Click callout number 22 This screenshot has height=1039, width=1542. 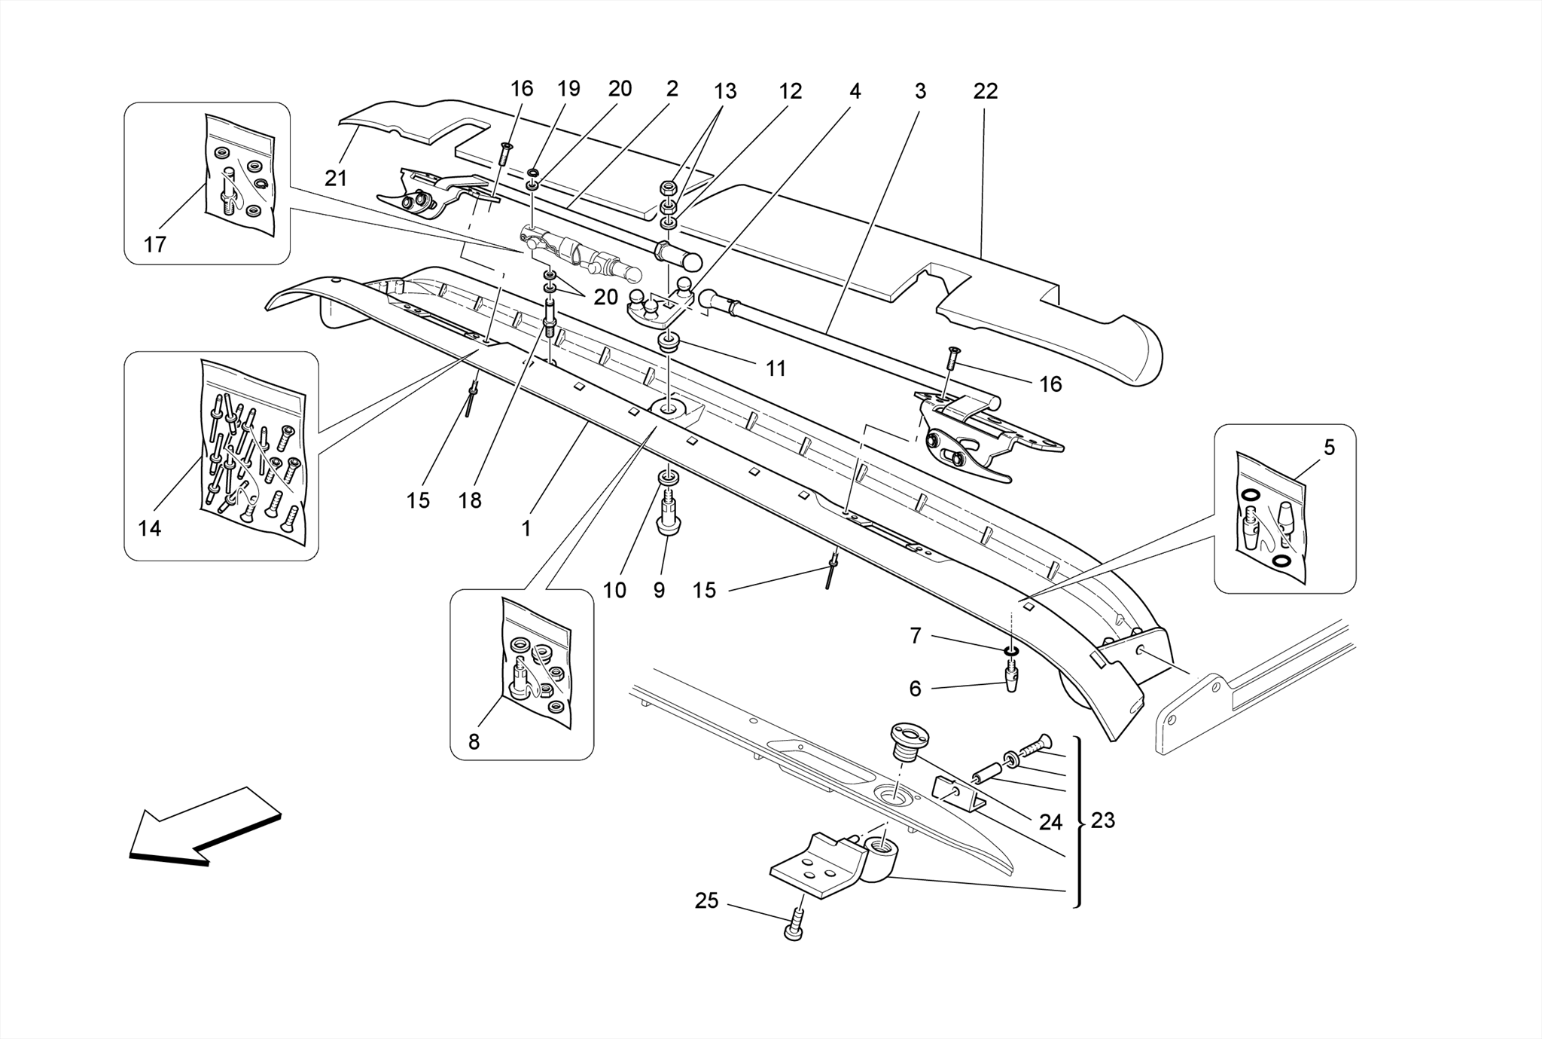click(x=985, y=92)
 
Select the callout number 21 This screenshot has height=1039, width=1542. click(x=336, y=179)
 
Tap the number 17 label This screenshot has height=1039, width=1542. click(x=154, y=245)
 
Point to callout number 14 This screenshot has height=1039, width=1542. click(x=150, y=529)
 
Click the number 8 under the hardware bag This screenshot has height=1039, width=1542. click(x=474, y=742)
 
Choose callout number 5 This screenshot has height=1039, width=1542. click(x=1329, y=448)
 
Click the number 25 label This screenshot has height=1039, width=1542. click(x=706, y=900)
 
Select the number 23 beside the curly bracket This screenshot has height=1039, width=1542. click(x=1102, y=820)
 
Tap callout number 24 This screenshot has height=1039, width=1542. click(x=1050, y=822)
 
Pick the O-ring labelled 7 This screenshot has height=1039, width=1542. click(x=1011, y=649)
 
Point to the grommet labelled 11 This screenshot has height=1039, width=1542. click(x=667, y=345)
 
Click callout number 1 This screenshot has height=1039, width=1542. click(x=526, y=528)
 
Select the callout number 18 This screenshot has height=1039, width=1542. click(x=470, y=500)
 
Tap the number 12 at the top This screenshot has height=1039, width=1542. click(x=790, y=92)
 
